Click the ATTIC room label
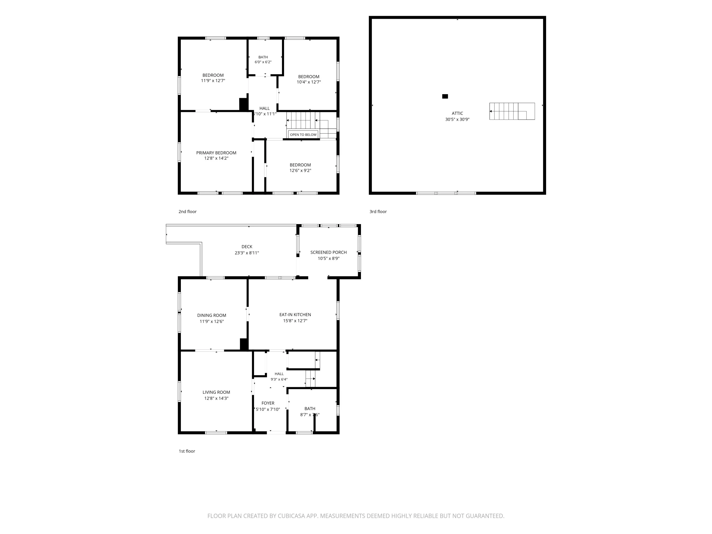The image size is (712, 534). (457, 113)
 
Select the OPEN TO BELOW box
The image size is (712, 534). (303, 135)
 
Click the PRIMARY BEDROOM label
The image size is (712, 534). (216, 153)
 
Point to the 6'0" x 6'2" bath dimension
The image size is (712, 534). (263, 62)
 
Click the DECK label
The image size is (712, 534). (247, 247)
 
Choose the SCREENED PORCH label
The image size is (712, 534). (328, 252)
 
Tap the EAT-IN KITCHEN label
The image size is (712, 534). (295, 315)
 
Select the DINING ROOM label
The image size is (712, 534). (212, 315)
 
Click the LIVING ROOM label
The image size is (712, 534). (216, 392)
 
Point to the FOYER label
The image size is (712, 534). (268, 403)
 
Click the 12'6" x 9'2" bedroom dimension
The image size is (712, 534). (300, 171)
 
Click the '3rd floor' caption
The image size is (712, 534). (378, 211)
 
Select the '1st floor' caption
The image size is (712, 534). (187, 451)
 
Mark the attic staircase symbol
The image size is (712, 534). (512, 111)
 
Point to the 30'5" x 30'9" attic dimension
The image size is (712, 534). (457, 119)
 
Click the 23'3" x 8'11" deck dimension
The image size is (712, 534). (247, 253)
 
